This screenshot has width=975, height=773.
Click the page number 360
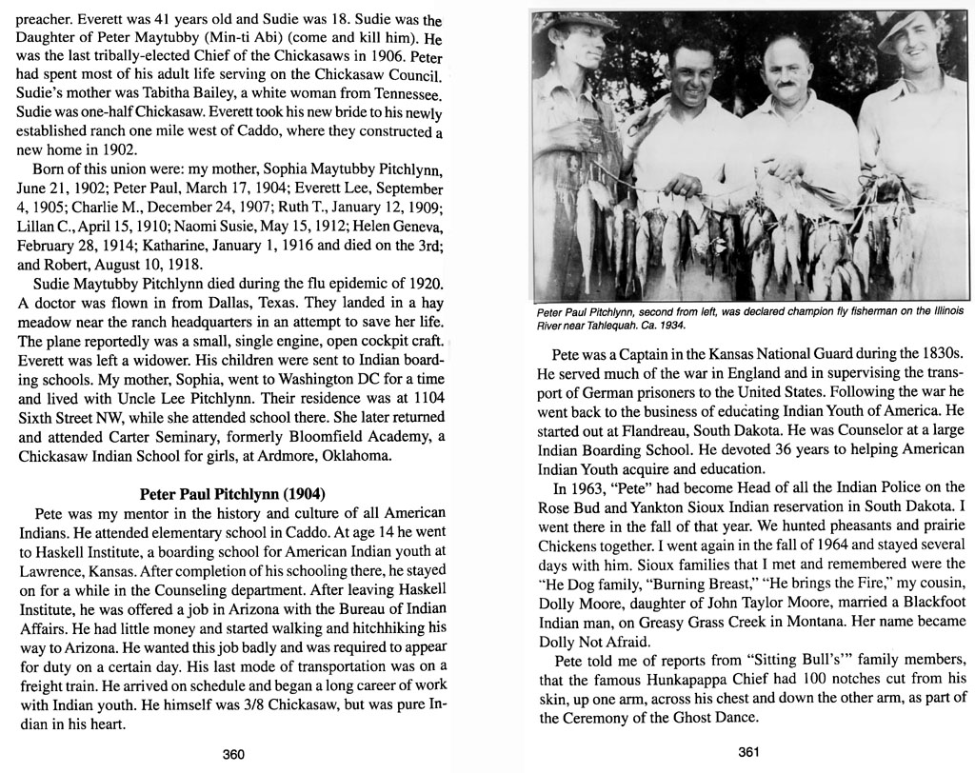tap(233, 754)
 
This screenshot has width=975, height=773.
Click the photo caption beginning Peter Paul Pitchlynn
tap(750, 317)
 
